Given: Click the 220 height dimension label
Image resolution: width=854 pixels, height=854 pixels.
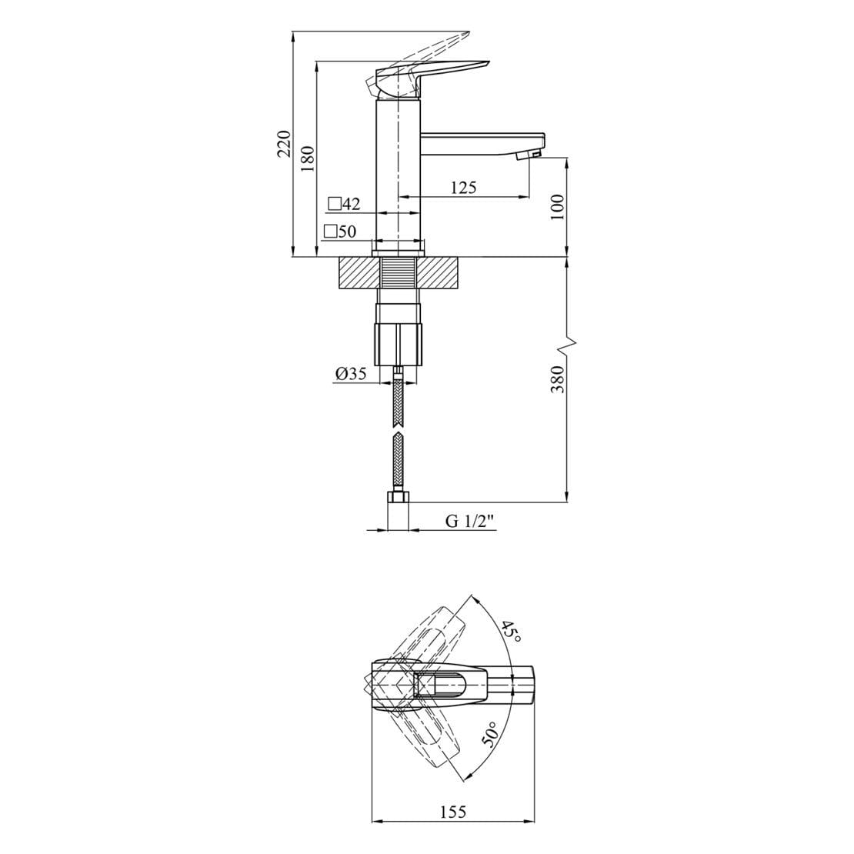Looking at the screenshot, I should pyautogui.click(x=284, y=144).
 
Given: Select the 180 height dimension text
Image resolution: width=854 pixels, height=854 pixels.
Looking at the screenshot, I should pyautogui.click(x=308, y=158).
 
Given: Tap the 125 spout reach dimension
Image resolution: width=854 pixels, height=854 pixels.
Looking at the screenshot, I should pyautogui.click(x=463, y=187).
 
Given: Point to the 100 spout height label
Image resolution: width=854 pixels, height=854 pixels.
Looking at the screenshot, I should pyautogui.click(x=559, y=207).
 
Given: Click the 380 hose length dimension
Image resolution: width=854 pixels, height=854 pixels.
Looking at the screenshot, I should pyautogui.click(x=559, y=379).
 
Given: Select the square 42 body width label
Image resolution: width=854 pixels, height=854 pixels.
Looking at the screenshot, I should pyautogui.click(x=344, y=204).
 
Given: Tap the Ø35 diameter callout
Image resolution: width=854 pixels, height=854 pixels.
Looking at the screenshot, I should pyautogui.click(x=350, y=374).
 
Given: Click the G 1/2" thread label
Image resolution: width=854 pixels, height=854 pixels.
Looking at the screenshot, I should pyautogui.click(x=469, y=521).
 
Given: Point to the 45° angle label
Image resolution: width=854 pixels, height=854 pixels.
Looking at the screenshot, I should pyautogui.click(x=510, y=632).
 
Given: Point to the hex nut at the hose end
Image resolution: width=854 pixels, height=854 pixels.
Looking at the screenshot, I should pyautogui.click(x=397, y=501).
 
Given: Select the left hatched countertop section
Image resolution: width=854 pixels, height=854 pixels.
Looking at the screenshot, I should pyautogui.click(x=359, y=272).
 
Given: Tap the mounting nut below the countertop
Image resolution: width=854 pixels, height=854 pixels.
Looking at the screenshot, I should pyautogui.click(x=399, y=344).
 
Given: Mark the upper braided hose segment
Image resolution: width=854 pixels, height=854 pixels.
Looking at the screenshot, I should pyautogui.click(x=397, y=400).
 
